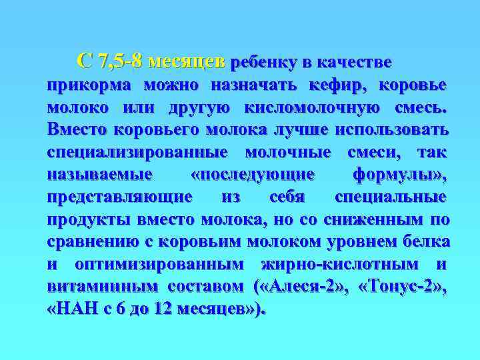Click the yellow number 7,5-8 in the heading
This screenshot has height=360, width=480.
pyautogui.click(x=119, y=62)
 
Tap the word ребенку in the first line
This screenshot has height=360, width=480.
pyautogui.click(x=263, y=63)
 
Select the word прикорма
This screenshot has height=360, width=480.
pyautogui.click(x=89, y=86)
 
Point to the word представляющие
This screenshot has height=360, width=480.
pyautogui.click(x=120, y=197)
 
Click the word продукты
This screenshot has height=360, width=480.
pyautogui.click(x=89, y=220)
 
